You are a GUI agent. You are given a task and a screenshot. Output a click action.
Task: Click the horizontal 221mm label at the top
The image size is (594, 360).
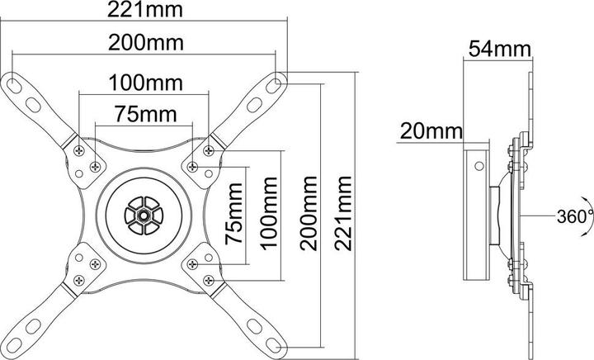click(x=145, y=12)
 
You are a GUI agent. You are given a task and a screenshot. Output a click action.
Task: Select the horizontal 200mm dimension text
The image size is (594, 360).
click(x=145, y=41)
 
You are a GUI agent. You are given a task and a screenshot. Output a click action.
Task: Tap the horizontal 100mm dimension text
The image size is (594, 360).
click(x=145, y=83)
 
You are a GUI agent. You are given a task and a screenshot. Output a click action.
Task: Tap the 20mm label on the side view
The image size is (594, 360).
click(x=428, y=130)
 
